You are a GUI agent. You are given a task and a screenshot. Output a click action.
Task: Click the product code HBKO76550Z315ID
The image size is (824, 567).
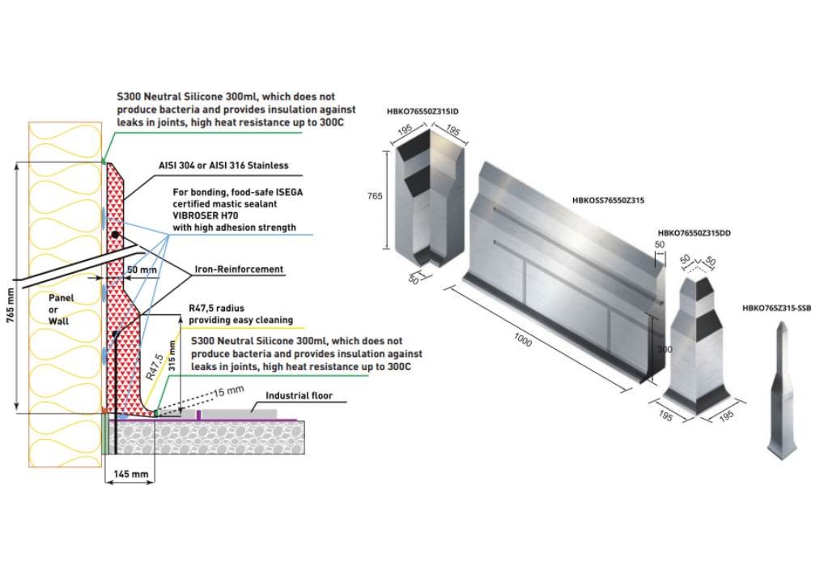(x=426, y=111)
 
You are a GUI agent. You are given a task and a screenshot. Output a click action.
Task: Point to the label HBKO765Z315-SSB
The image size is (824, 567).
(x=776, y=308)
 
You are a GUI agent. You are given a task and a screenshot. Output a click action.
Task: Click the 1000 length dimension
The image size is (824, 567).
(x=523, y=341)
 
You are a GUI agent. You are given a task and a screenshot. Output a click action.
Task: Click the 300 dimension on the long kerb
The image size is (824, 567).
(x=661, y=350)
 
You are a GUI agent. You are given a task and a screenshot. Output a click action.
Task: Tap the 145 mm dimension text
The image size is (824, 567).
(x=129, y=472)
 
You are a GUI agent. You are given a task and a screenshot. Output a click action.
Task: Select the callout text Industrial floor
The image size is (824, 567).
(x=299, y=396)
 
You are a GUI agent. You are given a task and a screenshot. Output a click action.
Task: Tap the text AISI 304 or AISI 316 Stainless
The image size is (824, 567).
(x=223, y=165)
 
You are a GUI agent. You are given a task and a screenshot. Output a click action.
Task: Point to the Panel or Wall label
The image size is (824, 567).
(x=60, y=309)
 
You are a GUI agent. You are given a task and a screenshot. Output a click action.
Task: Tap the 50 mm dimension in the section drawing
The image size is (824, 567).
(x=142, y=269)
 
